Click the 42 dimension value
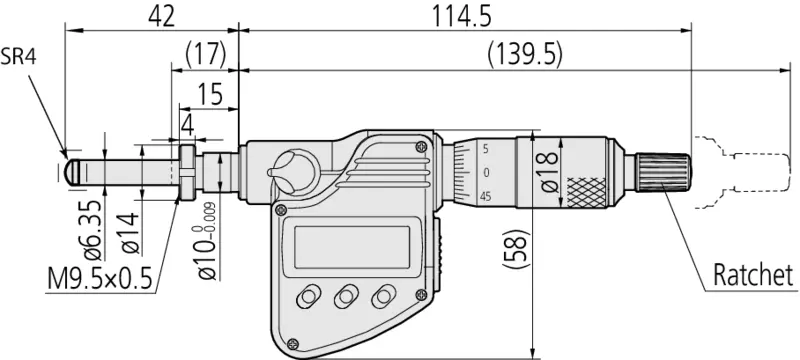point(162,16)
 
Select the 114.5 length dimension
point(462,16)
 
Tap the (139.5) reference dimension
point(525,55)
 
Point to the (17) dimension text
point(205,54)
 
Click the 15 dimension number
point(209,94)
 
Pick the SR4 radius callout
point(18,57)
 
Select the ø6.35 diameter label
point(92,229)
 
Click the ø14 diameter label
point(130,233)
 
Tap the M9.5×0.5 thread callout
point(101,278)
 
